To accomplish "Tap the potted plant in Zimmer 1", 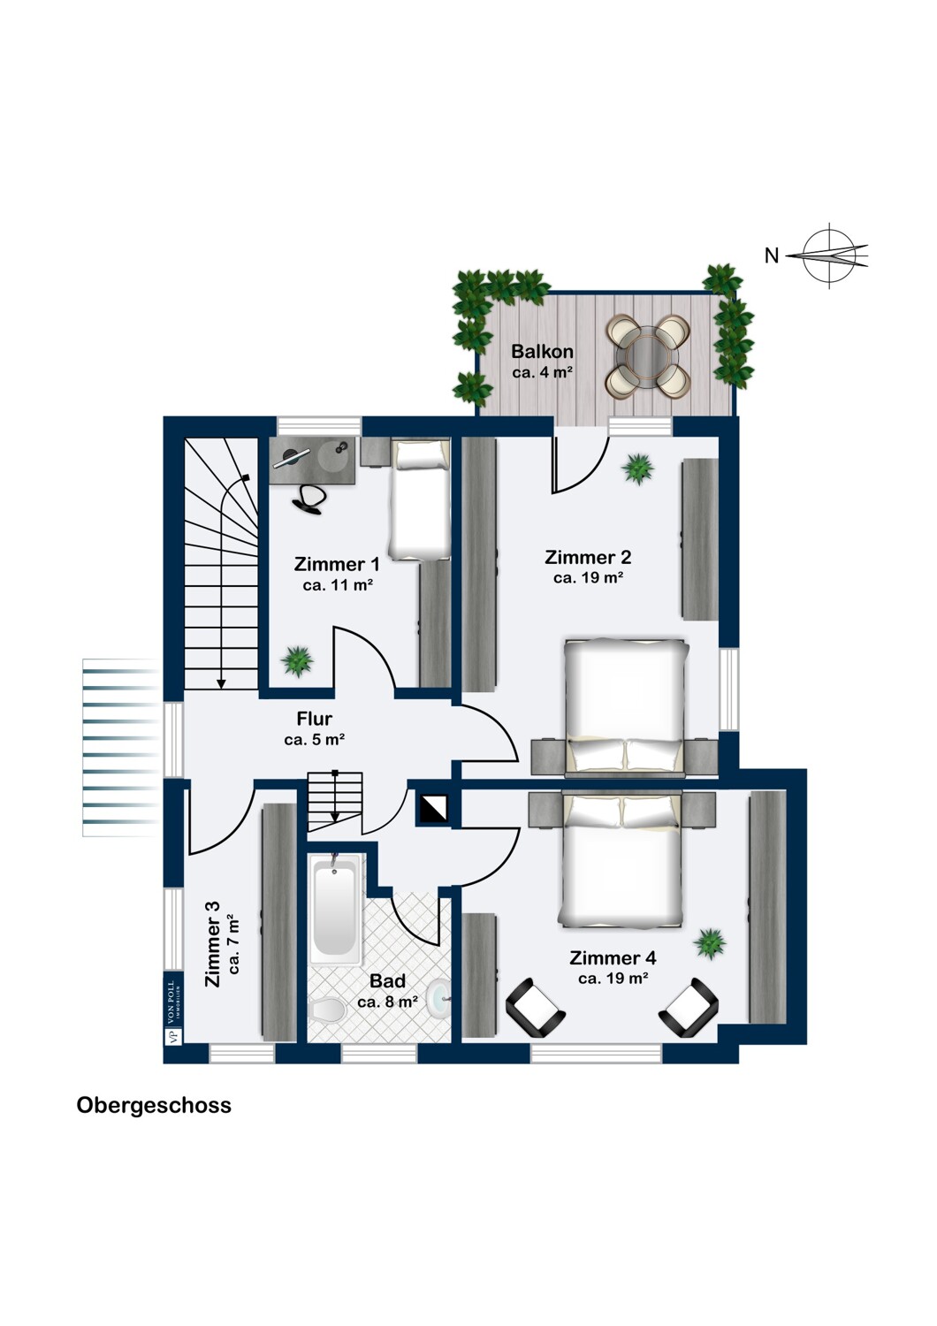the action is pyautogui.click(x=296, y=659).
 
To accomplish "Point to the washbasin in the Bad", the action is pyautogui.click(x=437, y=999).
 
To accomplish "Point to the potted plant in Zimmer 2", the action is pyautogui.click(x=638, y=469).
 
